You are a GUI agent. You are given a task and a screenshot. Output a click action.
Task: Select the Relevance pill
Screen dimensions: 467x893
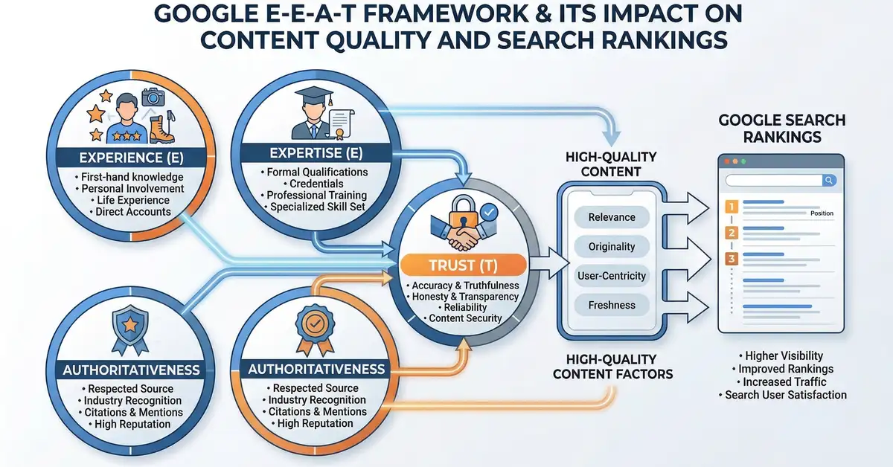pyautogui.click(x=612, y=217)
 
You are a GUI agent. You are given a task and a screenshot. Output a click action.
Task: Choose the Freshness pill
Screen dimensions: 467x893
pyautogui.click(x=612, y=305)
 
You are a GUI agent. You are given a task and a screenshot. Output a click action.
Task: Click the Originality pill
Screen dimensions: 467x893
pyautogui.click(x=612, y=246)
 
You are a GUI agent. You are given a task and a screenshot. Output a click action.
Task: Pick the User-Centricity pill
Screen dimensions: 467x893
pyautogui.click(x=612, y=276)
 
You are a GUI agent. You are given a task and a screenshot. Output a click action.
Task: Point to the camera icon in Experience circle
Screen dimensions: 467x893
pyautogui.click(x=153, y=97)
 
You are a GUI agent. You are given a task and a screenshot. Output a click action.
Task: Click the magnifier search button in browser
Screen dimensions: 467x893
pyautogui.click(x=828, y=180)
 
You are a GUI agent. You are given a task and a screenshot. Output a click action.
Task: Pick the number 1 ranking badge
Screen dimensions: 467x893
pyautogui.click(x=732, y=207)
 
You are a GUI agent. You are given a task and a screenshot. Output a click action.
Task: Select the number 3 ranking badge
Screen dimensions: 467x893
pyautogui.click(x=732, y=259)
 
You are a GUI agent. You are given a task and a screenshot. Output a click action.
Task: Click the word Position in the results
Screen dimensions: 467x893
pyautogui.click(x=821, y=213)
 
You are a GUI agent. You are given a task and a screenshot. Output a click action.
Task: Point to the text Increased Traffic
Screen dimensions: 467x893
pyautogui.click(x=786, y=381)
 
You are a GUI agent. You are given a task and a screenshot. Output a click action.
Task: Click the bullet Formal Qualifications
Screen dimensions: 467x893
pyautogui.click(x=316, y=172)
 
